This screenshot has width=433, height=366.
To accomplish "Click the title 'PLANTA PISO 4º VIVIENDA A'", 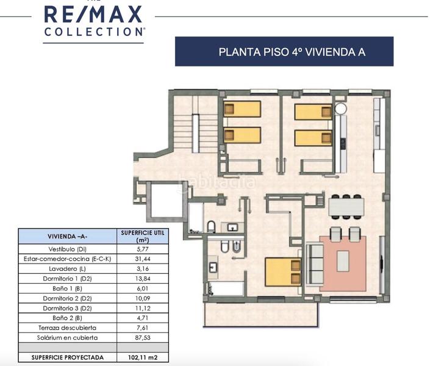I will click(284, 51).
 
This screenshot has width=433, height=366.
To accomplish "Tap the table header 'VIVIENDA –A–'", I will click(67, 236).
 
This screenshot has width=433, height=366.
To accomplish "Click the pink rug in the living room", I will click(343, 262).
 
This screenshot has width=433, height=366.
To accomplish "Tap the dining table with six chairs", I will click(346, 207).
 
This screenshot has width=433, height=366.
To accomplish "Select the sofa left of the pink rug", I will click(314, 263).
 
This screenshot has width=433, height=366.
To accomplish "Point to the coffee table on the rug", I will click(343, 261).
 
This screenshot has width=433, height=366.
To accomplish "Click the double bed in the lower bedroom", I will click(282, 271).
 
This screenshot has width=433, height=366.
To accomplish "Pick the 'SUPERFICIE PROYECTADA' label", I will click(67, 357).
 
